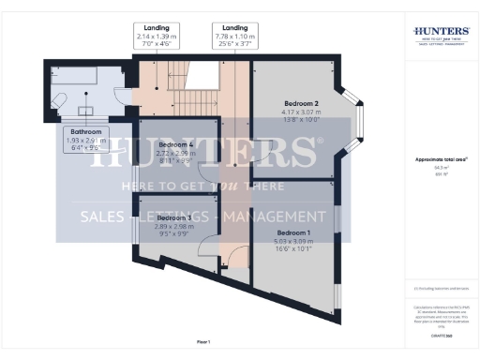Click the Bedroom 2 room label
click(303, 103)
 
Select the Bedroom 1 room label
click(293, 232)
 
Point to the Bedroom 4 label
click(177, 145)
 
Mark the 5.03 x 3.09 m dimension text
click(293, 241)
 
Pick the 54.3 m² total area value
click(434, 168)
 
